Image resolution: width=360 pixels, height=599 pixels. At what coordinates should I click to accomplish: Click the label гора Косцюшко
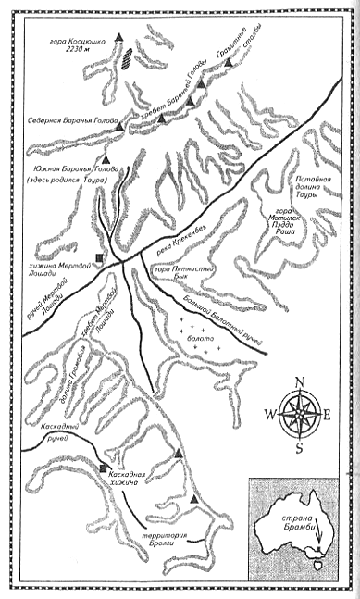77,44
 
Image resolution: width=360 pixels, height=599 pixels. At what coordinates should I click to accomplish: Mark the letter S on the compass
299,448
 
